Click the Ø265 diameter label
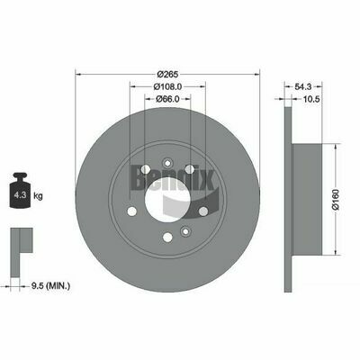167,74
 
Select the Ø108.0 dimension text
167,86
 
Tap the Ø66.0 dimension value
167,99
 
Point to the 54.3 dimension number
303,86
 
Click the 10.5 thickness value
310,99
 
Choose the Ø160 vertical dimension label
336,199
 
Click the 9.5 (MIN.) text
50,286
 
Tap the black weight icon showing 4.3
20,190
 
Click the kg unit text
38,196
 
